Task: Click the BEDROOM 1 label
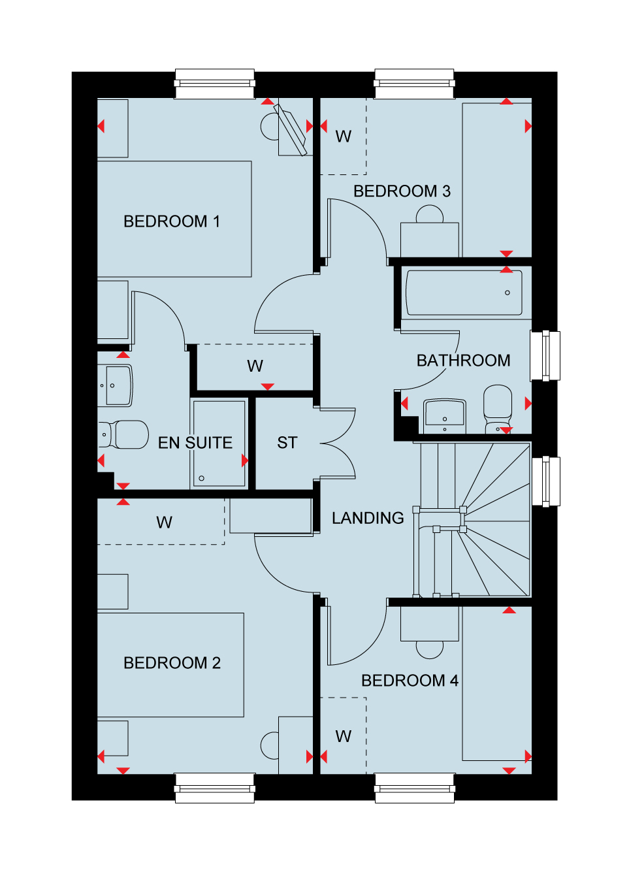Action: pyautogui.click(x=172, y=221)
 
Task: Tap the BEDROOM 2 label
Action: pyautogui.click(x=172, y=663)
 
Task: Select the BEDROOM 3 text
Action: pyautogui.click(x=402, y=191)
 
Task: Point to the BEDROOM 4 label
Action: pyautogui.click(x=410, y=681)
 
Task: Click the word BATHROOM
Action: pyautogui.click(x=463, y=361)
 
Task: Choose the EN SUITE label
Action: pyautogui.click(x=195, y=443)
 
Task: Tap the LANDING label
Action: pyautogui.click(x=368, y=518)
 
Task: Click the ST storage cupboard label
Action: pyautogui.click(x=287, y=443)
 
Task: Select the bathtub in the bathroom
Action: pyautogui.click(x=464, y=293)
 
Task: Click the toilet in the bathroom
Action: pyautogui.click(x=498, y=409)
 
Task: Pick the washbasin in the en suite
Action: pyautogui.click(x=115, y=385)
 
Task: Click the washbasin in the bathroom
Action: pyautogui.click(x=445, y=416)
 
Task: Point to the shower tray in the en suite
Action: pyautogui.click(x=219, y=444)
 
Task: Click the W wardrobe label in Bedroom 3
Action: pyautogui.click(x=344, y=137)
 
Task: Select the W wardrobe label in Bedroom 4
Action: pyautogui.click(x=344, y=736)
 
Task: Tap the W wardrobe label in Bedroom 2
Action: pyautogui.click(x=164, y=522)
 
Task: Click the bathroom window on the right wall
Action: pyautogui.click(x=545, y=356)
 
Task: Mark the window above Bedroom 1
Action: pyautogui.click(x=215, y=84)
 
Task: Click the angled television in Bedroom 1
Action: pyautogui.click(x=291, y=130)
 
